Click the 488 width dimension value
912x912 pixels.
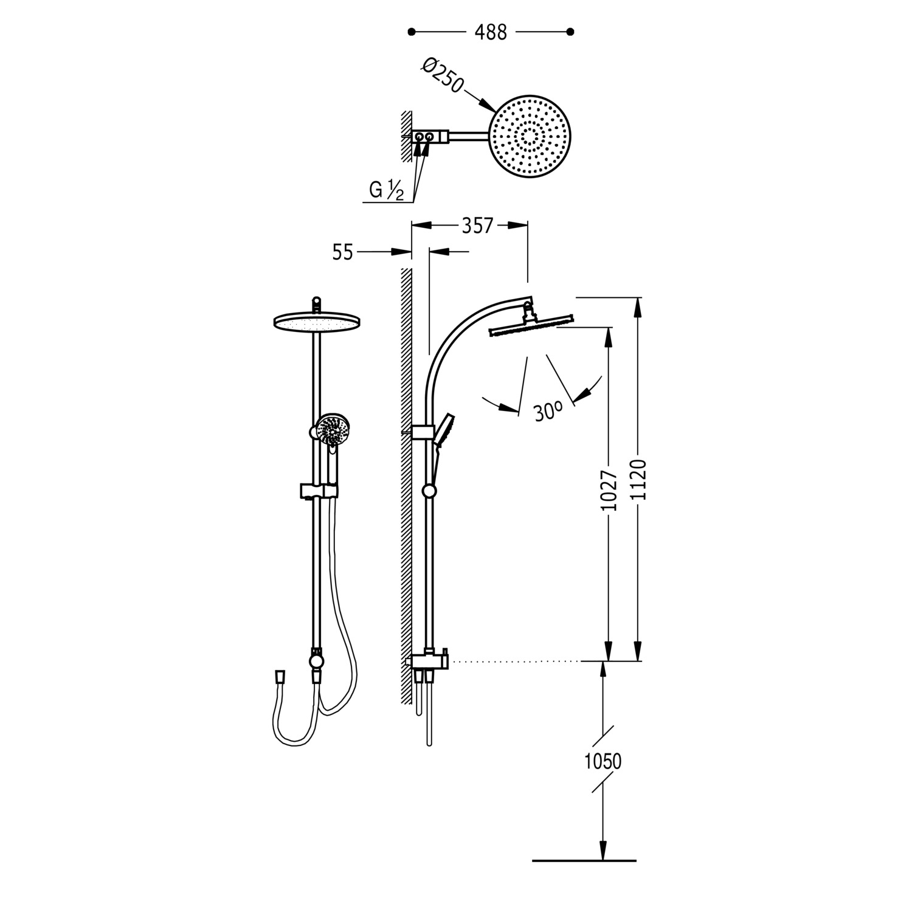click(x=491, y=32)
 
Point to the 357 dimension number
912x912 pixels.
click(x=477, y=226)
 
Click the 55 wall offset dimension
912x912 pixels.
click(x=343, y=252)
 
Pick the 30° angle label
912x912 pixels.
click(x=547, y=412)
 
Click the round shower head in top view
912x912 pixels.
click(x=532, y=137)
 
